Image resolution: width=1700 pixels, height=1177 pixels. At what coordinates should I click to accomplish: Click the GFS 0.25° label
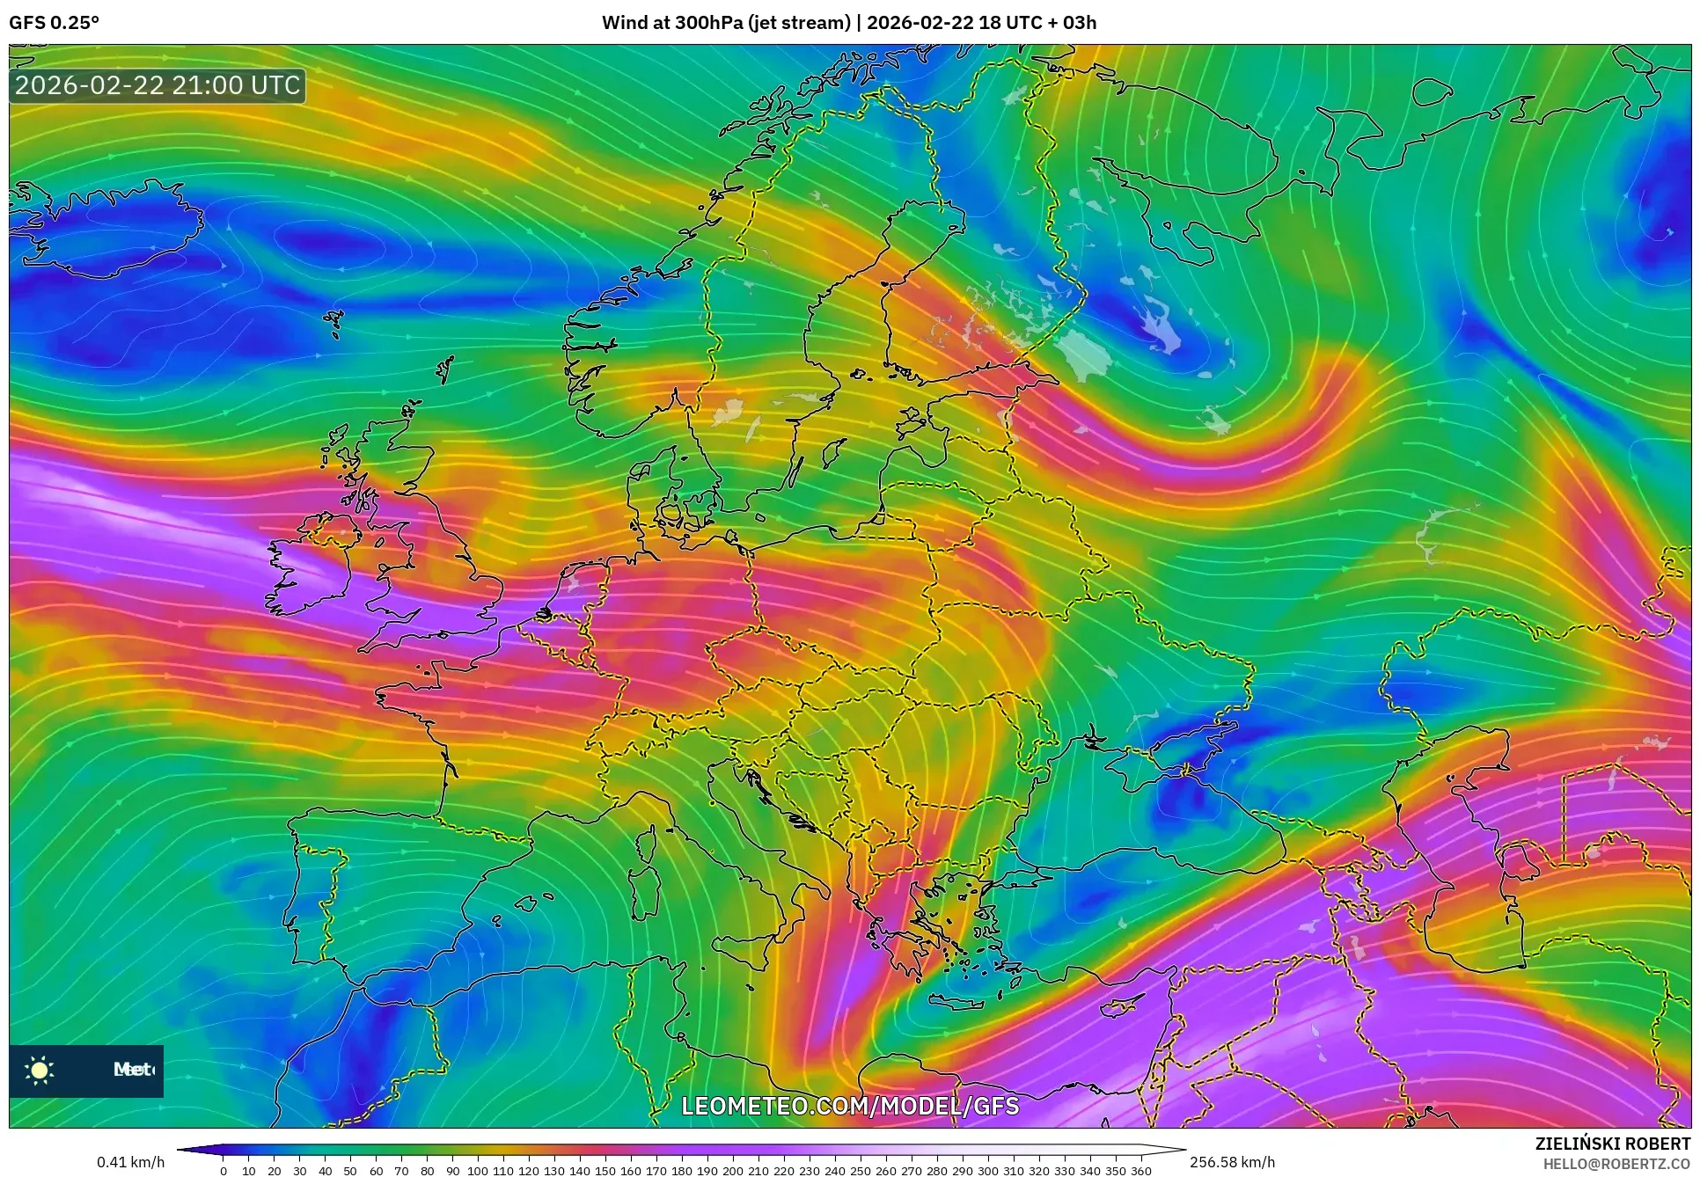(x=54, y=23)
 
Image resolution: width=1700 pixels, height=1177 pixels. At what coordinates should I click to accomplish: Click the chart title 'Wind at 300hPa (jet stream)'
(x=726, y=23)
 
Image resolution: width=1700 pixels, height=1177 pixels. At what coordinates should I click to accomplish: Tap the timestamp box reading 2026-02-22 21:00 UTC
(x=158, y=85)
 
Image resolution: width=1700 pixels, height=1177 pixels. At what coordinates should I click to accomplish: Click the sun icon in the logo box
(x=40, y=1070)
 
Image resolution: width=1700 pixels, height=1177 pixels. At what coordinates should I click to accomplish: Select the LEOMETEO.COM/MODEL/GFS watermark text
(x=850, y=1106)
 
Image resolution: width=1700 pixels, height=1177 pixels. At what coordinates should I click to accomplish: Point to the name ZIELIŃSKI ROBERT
(x=1612, y=1144)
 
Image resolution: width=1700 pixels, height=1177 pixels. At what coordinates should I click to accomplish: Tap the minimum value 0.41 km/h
(x=130, y=1162)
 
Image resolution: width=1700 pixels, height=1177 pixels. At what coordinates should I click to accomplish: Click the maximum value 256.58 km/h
(x=1232, y=1162)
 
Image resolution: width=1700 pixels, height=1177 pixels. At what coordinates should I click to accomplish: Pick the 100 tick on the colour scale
(x=477, y=1171)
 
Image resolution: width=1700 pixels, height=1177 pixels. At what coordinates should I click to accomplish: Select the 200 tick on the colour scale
(x=732, y=1171)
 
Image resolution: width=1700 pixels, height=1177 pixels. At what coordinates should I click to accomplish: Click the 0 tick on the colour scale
(x=223, y=1171)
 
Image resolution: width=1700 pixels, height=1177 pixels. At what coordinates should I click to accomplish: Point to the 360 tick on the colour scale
(x=1141, y=1171)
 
